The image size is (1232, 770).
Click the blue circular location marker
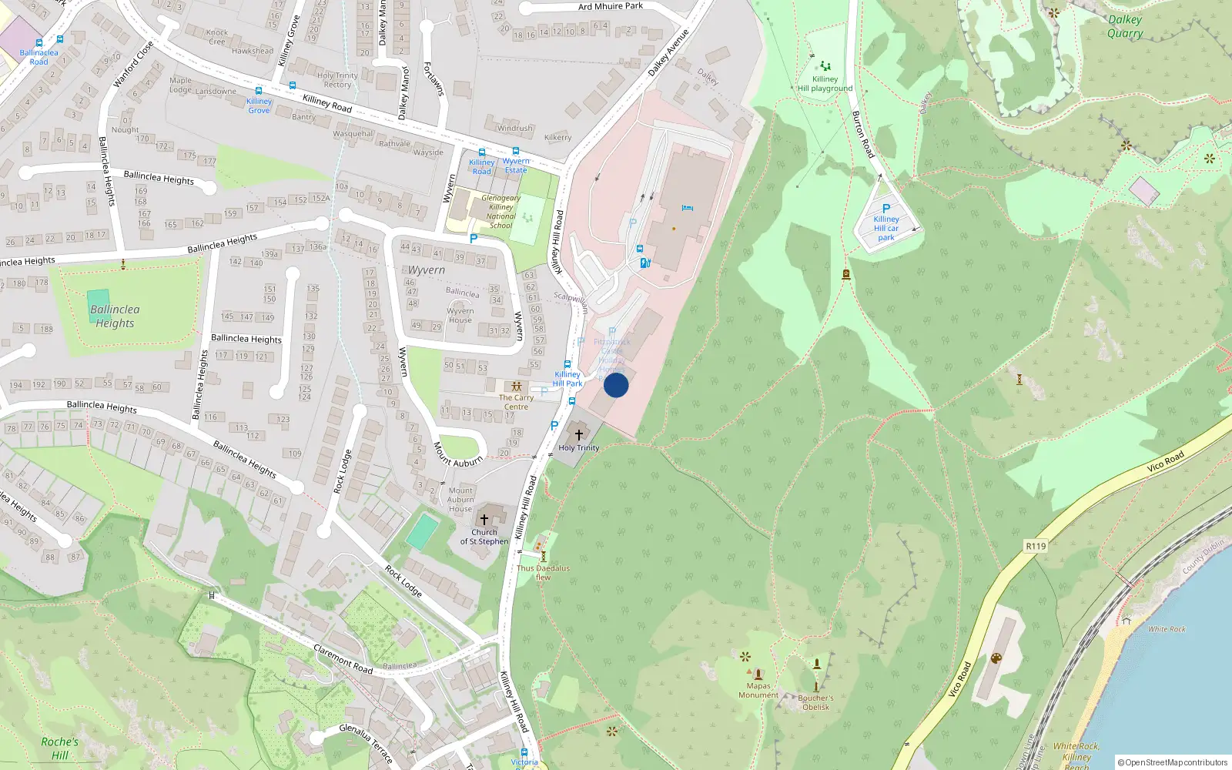click(616, 385)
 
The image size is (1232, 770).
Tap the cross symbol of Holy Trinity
click(579, 435)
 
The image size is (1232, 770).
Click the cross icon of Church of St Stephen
click(484, 520)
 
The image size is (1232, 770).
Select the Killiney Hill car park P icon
click(886, 209)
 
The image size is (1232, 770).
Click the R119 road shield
click(1036, 546)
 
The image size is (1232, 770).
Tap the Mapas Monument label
click(758, 690)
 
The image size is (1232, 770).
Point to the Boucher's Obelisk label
click(815, 702)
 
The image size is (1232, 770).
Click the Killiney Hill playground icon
click(825, 66)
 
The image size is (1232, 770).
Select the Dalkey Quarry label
click(1124, 26)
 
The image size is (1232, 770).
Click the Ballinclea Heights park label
click(115, 316)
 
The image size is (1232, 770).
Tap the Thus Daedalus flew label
click(543, 572)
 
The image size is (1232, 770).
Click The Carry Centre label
click(516, 402)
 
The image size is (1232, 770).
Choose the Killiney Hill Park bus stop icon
click(567, 365)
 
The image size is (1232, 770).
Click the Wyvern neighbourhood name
click(426, 270)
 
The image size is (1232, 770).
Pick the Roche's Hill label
click(59, 748)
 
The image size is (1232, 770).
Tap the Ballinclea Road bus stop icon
click(60, 40)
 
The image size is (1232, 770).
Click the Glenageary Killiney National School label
click(500, 212)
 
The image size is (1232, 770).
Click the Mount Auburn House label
click(460, 499)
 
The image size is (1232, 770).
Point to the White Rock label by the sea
click(1167, 629)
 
